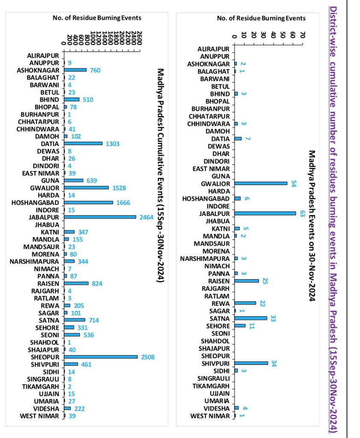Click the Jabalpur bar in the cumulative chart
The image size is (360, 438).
(100, 217)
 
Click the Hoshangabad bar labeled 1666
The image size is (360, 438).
(88, 202)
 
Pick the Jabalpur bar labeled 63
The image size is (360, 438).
(265, 213)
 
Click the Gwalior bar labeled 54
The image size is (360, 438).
(261, 183)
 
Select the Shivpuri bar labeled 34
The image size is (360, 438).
(251, 363)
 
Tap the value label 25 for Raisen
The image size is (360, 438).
(265, 281)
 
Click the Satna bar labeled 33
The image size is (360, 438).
(250, 318)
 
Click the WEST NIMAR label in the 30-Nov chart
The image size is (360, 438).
(210, 416)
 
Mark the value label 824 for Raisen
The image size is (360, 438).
(97, 284)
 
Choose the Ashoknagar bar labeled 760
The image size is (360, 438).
(75, 70)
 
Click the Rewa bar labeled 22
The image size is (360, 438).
(245, 303)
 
